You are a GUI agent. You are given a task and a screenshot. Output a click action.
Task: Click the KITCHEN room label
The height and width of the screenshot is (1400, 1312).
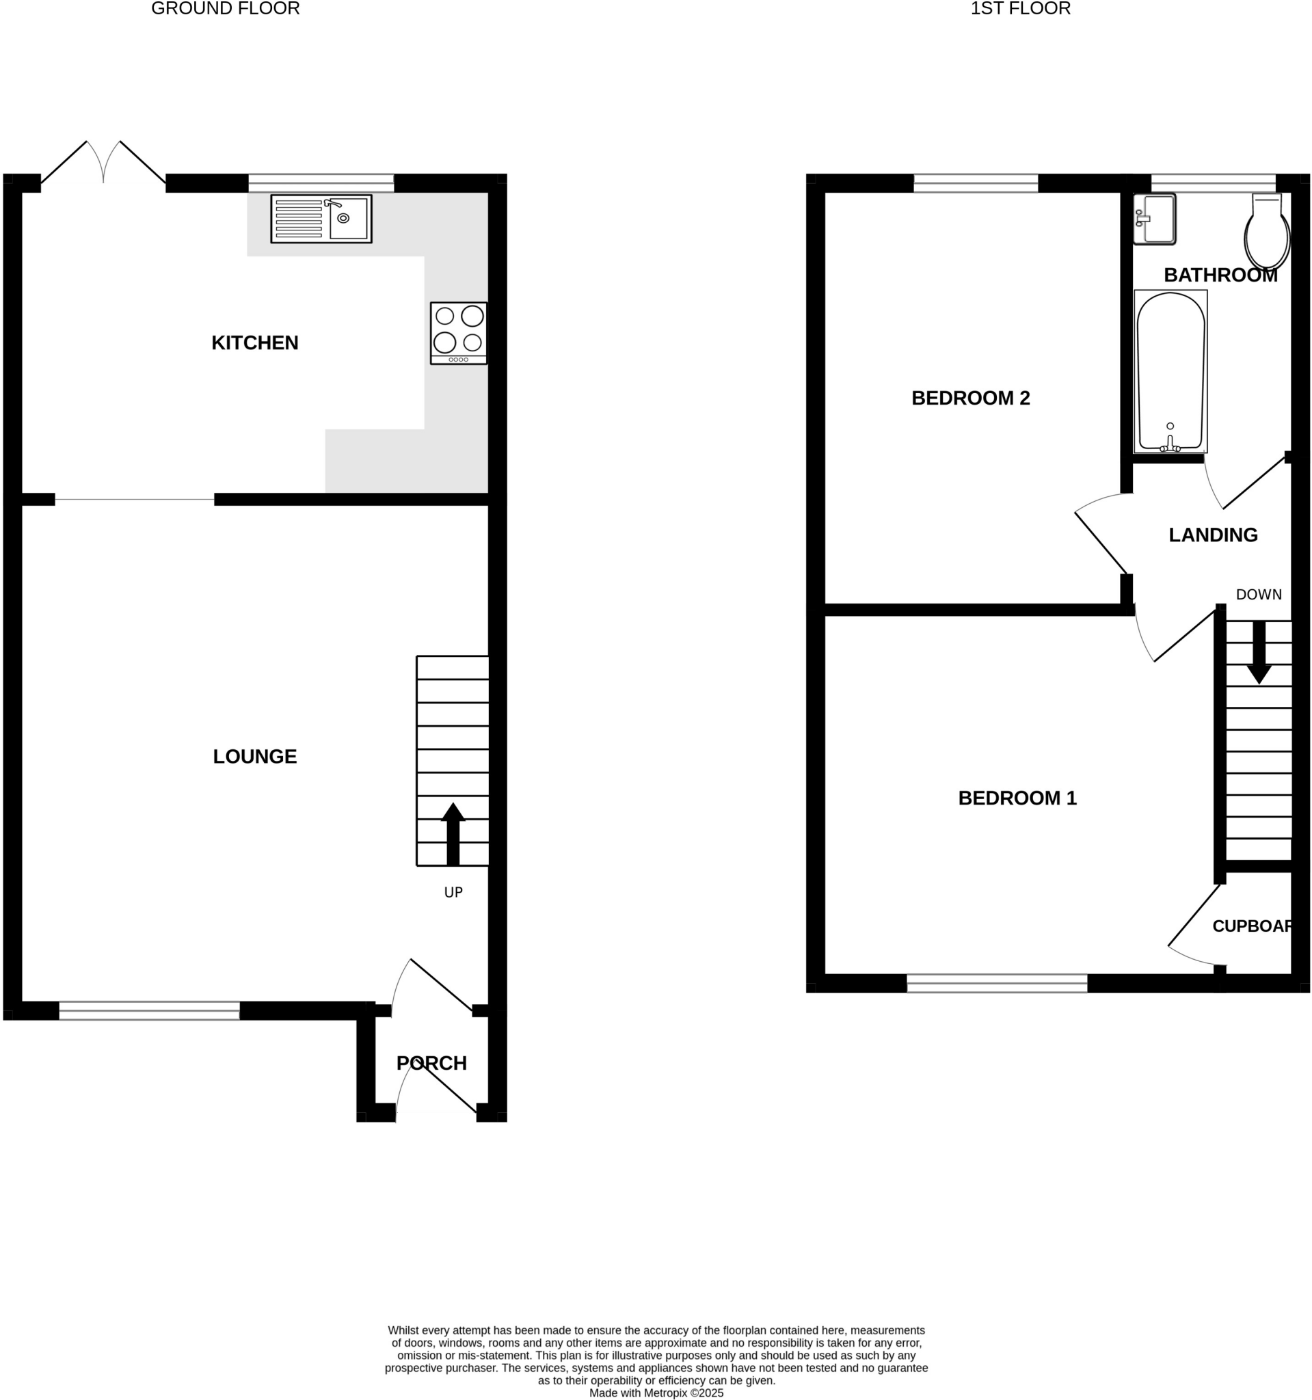[x=255, y=343]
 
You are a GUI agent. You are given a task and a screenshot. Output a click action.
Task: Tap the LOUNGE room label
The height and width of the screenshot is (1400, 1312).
[x=255, y=756]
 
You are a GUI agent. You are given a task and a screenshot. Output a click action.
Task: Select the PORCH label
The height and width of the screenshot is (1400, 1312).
[x=431, y=1064]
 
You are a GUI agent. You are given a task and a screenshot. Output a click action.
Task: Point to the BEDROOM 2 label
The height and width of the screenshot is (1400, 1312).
[x=970, y=399]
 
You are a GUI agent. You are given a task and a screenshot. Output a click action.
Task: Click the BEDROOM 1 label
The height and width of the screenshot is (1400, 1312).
[x=1017, y=798]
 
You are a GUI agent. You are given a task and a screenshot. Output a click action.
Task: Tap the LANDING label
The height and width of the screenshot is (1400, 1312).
[x=1213, y=535]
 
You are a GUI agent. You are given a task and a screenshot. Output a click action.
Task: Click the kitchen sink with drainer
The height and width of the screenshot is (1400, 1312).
[x=321, y=219]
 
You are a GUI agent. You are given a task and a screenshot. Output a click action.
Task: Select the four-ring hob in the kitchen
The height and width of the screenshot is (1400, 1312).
[x=459, y=333]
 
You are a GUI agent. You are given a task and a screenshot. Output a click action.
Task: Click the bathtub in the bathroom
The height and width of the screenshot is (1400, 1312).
[x=1170, y=371]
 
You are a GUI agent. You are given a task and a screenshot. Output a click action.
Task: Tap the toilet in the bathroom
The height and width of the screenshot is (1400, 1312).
[x=1267, y=232]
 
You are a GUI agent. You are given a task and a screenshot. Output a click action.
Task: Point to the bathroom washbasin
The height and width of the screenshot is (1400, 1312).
[x=1155, y=219]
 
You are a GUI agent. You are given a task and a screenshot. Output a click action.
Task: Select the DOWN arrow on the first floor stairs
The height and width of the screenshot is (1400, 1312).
[x=1259, y=652]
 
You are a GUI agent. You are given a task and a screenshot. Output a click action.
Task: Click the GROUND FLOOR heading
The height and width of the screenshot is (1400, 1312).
[x=226, y=8]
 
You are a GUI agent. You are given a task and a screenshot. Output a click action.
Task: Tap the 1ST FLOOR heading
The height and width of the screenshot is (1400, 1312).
[x=1021, y=8]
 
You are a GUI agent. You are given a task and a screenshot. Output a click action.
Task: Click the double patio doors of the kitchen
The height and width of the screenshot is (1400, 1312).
[x=103, y=164]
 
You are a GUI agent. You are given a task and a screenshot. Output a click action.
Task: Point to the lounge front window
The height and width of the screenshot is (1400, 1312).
[x=149, y=1010]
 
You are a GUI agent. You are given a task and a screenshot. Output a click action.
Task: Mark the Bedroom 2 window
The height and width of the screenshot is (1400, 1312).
[x=976, y=183]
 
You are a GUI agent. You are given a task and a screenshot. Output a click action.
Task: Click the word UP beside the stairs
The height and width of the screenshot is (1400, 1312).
[x=453, y=893]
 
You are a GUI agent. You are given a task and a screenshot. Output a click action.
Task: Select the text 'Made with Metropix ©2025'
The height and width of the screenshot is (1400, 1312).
[x=656, y=1392]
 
